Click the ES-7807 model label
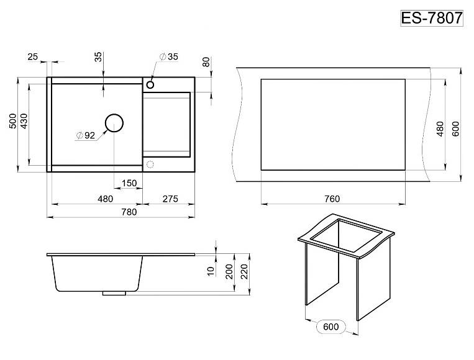click(432, 18)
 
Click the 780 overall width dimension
click(129, 212)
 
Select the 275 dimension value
click(170, 199)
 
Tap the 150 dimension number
click(129, 183)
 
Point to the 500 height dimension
click(13, 121)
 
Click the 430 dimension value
click(24, 121)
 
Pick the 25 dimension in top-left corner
click(33, 56)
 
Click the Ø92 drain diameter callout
click(86, 135)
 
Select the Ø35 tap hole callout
click(169, 56)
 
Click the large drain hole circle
click(114, 123)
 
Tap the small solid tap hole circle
click(150, 84)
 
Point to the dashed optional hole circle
click(150, 164)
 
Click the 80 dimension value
click(206, 62)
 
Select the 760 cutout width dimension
click(332, 199)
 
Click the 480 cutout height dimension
click(440, 128)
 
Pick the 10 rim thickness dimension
click(211, 271)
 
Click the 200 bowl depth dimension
click(229, 271)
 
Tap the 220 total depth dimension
click(244, 271)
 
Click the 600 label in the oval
click(330, 326)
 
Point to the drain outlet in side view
click(114, 293)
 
